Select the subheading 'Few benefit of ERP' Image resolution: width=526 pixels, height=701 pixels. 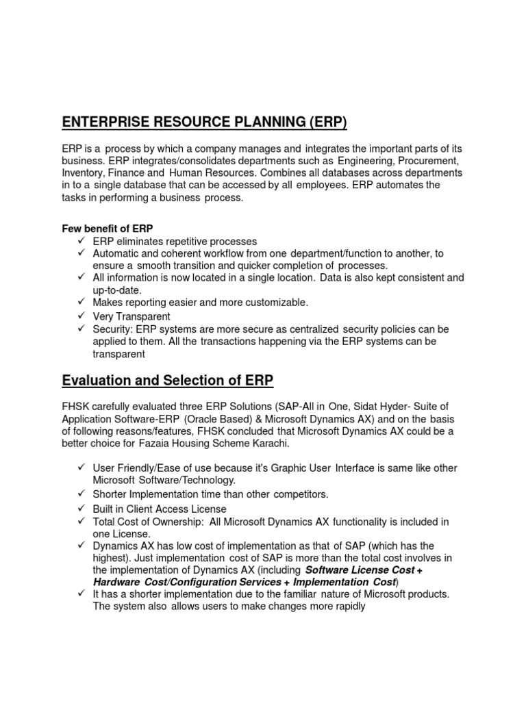pyautogui.click(x=108, y=228)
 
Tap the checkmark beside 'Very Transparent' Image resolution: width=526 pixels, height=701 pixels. pyautogui.click(x=80, y=316)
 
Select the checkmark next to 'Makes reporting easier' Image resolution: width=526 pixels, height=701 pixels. pyautogui.click(x=80, y=302)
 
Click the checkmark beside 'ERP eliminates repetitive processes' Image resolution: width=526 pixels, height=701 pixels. pyautogui.click(x=80, y=241)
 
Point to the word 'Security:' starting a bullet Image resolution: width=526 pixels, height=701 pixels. pyautogui.click(x=114, y=329)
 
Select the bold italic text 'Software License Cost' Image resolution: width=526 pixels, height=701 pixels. pyautogui.click(x=361, y=570)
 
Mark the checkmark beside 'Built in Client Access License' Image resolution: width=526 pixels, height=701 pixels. pyautogui.click(x=80, y=509)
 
